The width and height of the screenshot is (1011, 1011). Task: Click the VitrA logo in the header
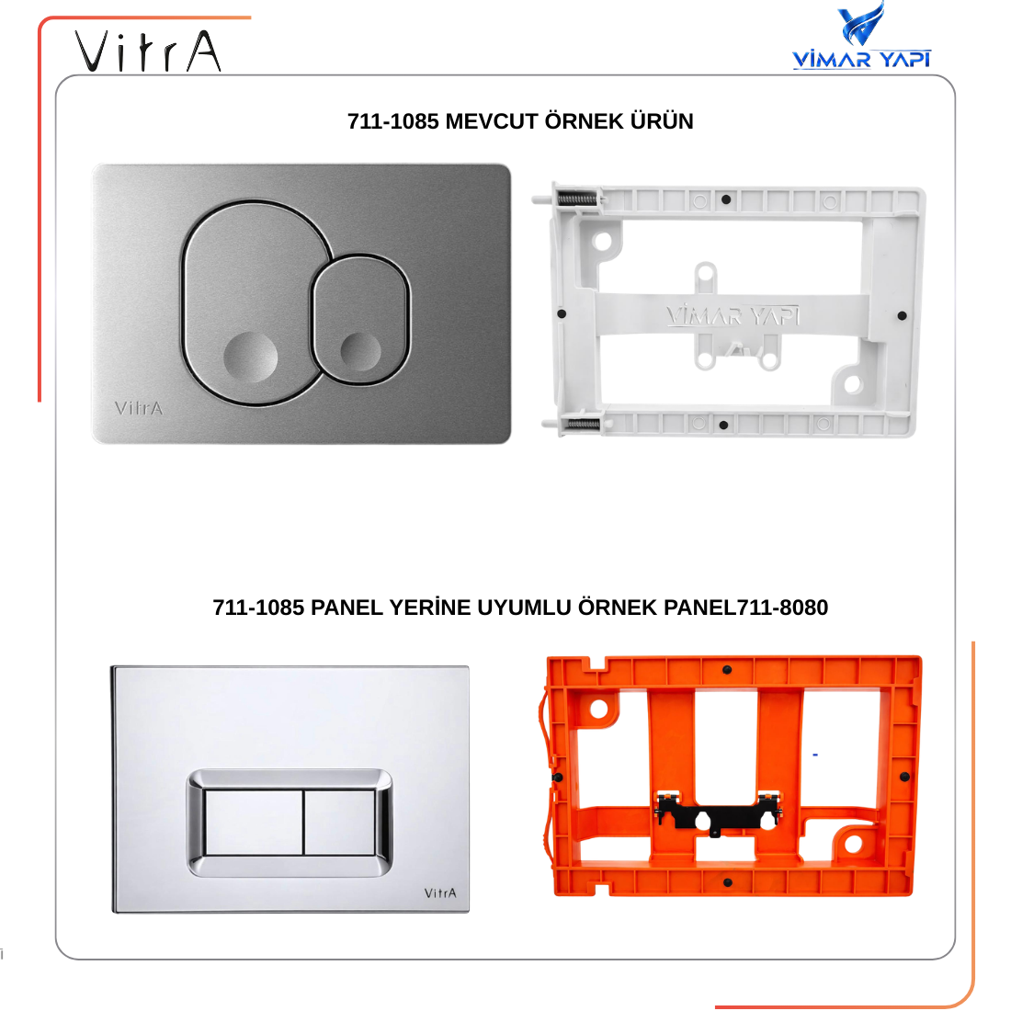pyautogui.click(x=148, y=51)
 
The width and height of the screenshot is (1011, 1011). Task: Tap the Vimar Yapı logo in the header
pyautogui.click(x=861, y=36)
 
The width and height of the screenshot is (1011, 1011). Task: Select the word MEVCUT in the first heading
pyautogui.click(x=492, y=121)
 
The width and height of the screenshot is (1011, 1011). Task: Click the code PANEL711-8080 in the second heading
pyautogui.click(x=746, y=608)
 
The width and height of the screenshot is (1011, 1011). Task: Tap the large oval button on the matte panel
pyautogui.click(x=252, y=303)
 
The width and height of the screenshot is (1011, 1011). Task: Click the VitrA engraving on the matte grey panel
pyautogui.click(x=139, y=408)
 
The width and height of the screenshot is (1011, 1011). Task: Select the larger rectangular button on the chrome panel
pyautogui.click(x=254, y=823)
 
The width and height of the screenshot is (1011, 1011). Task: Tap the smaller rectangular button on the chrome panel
pyautogui.click(x=340, y=823)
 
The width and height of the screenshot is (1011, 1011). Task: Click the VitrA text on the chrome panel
pyautogui.click(x=440, y=893)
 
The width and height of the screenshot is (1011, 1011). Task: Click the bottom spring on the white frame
pyautogui.click(x=583, y=425)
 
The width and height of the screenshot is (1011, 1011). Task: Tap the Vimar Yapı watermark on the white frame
pyautogui.click(x=733, y=315)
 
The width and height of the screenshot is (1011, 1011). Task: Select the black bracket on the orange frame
pyautogui.click(x=719, y=813)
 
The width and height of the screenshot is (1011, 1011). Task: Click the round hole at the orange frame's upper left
pyautogui.click(x=599, y=710)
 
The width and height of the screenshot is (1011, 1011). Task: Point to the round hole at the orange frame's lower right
pyautogui.click(x=852, y=844)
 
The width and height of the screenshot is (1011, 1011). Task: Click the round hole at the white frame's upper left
pyautogui.click(x=602, y=242)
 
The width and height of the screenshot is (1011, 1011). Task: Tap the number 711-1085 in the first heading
pyautogui.click(x=392, y=121)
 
